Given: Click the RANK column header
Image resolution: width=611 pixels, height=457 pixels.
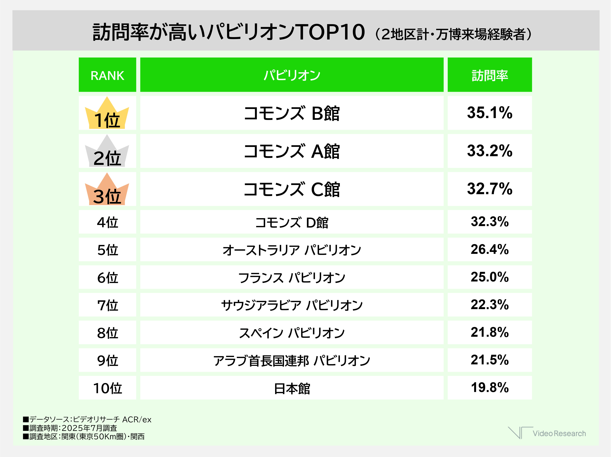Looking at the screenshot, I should coord(107,75).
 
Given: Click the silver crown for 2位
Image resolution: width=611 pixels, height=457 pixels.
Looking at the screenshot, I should coord(107,151).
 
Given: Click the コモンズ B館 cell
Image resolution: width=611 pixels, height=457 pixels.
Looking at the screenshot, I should coord(292,113).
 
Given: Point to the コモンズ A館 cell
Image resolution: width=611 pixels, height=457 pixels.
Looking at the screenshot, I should coord(292,151).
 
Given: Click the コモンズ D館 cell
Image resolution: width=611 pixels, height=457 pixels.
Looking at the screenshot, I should coord(292,222).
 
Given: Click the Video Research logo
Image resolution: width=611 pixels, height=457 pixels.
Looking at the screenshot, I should coord(547,433).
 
